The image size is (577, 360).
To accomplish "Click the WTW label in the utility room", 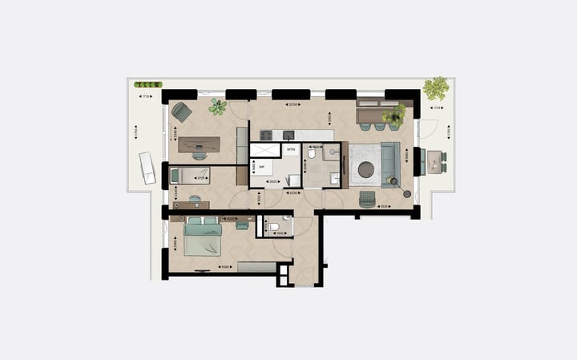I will (x=292, y=149).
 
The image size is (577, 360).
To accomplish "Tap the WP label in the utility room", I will (x=262, y=168).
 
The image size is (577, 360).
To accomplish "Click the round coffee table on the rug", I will (x=366, y=168).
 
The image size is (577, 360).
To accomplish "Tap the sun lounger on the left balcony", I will (x=147, y=168).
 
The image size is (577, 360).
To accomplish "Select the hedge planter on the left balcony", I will (x=148, y=84).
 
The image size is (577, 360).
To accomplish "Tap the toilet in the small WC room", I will (x=274, y=228).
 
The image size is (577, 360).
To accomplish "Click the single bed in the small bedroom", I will (x=190, y=175).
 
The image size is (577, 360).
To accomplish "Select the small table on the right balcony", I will (x=434, y=161).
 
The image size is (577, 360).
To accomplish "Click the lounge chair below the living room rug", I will (x=367, y=198).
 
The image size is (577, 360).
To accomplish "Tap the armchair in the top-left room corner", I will (x=182, y=112).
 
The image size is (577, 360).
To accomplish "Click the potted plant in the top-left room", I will (x=217, y=106).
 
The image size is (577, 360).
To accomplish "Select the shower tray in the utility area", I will (x=264, y=150).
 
